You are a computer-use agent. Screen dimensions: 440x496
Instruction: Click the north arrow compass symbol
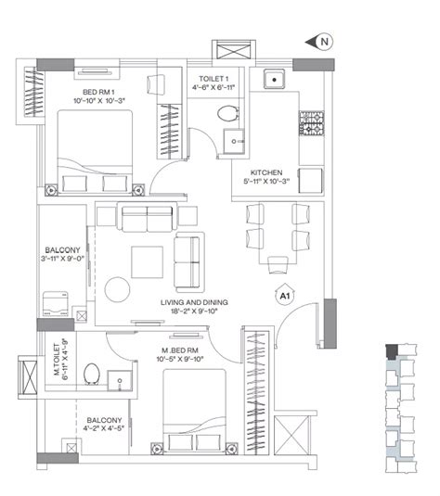click(x=320, y=42)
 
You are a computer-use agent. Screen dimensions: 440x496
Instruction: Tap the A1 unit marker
click(x=285, y=296)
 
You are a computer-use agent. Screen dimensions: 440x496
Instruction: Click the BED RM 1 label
click(x=98, y=92)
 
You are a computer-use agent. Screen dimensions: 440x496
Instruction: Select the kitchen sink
click(x=275, y=80)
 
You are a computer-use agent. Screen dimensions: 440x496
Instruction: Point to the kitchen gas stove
click(x=312, y=123)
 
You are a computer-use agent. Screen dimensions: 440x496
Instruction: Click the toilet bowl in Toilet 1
click(x=228, y=113)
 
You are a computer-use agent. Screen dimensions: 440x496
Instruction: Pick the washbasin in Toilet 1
click(x=234, y=141)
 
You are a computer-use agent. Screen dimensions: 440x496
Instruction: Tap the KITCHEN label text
click(x=266, y=172)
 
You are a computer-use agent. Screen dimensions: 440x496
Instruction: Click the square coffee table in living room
click(x=148, y=262)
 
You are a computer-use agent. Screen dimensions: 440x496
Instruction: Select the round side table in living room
click(x=117, y=289)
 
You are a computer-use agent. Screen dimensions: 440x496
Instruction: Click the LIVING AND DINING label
click(x=194, y=302)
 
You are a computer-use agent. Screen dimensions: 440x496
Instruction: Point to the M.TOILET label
click(x=57, y=359)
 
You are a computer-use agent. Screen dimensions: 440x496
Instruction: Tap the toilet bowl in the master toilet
click(x=92, y=374)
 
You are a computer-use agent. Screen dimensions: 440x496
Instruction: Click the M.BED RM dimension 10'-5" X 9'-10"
click(x=179, y=359)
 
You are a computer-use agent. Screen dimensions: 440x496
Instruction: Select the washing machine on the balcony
click(x=56, y=304)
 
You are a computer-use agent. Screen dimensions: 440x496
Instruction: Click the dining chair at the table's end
click(x=278, y=265)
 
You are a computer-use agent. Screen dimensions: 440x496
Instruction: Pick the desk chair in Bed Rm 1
click(x=156, y=84)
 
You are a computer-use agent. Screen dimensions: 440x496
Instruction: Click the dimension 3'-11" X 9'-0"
click(x=62, y=259)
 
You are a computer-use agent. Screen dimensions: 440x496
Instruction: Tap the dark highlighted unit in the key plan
click(x=392, y=351)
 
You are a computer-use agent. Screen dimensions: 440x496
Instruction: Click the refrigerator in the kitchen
click(x=310, y=180)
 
